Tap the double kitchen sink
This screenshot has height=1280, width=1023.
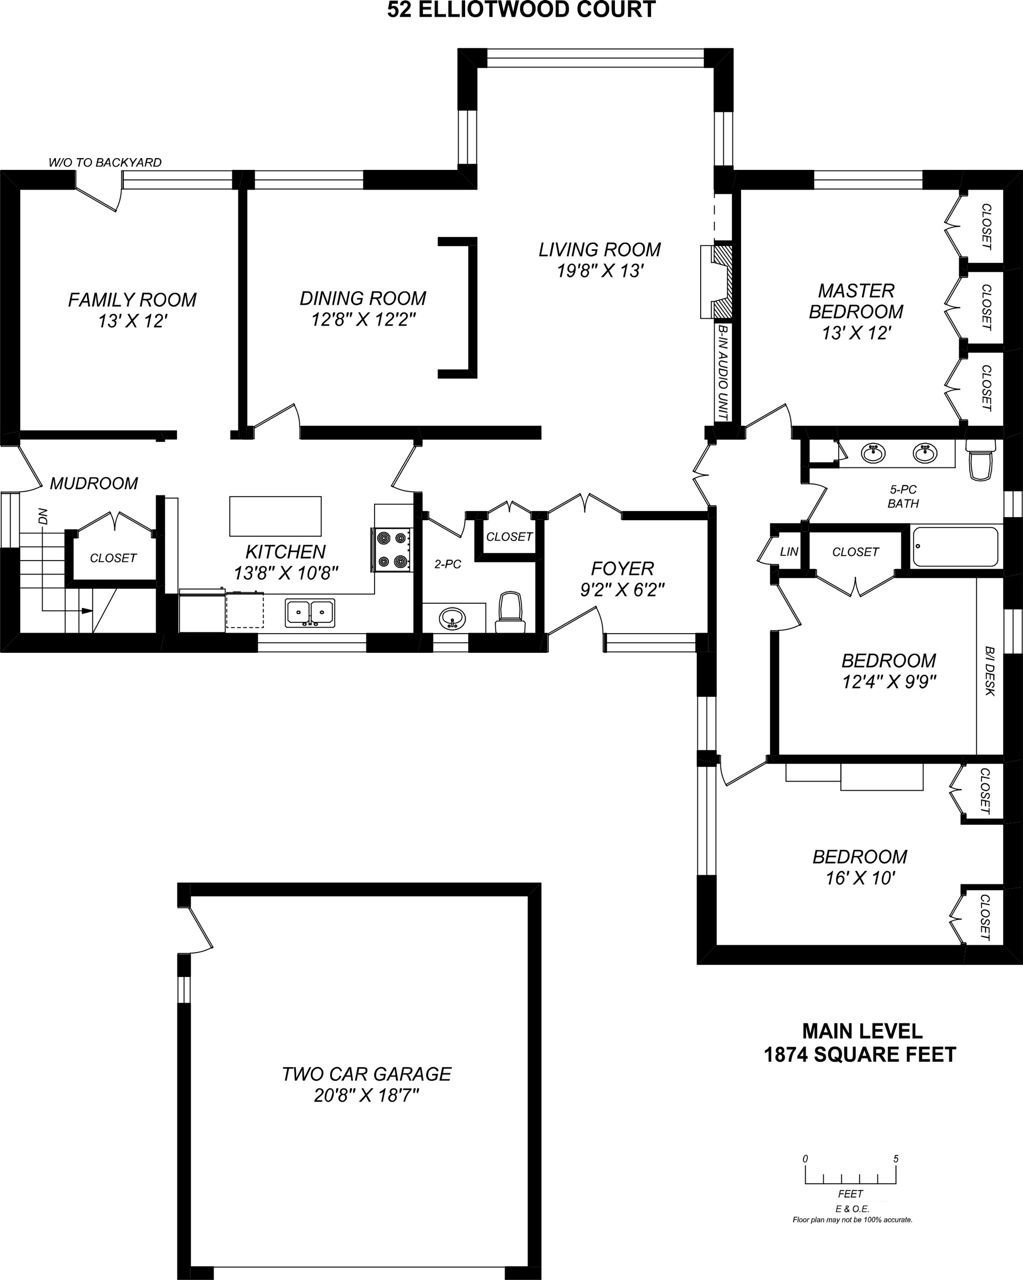(310, 613)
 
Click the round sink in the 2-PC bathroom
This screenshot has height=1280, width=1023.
(453, 619)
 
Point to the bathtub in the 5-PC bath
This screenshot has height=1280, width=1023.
(955, 546)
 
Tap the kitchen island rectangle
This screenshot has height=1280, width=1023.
(275, 516)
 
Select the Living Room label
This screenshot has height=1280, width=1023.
(599, 249)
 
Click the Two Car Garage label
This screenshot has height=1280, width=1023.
(367, 1073)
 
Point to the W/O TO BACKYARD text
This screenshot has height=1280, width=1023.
(105, 162)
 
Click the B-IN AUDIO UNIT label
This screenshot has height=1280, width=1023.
(723, 372)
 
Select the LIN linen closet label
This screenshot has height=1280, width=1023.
(789, 552)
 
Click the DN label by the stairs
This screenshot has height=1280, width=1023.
(43, 516)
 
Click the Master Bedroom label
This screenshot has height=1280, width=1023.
(856, 301)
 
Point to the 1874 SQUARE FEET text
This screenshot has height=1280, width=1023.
(859, 1054)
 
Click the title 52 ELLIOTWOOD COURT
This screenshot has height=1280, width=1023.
(522, 10)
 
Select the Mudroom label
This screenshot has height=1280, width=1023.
(94, 483)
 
